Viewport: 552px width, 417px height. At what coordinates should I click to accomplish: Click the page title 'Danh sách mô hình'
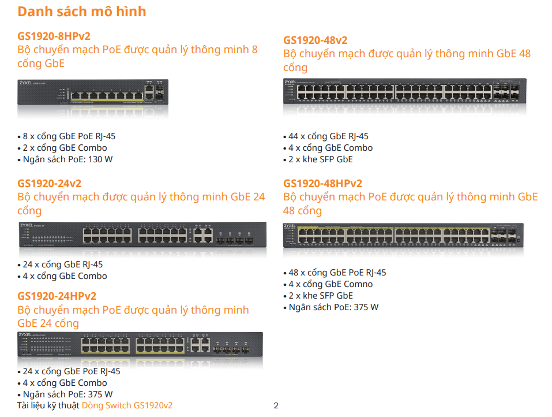click(x=82, y=12)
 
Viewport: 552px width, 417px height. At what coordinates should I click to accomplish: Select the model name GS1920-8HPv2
click(x=54, y=36)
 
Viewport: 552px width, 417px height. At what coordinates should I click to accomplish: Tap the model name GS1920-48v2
click(x=315, y=40)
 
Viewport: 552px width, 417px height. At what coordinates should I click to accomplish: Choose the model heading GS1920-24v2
click(x=49, y=183)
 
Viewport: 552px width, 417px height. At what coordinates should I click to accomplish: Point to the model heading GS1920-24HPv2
click(x=57, y=296)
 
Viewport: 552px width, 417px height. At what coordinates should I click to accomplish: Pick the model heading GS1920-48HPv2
click(x=322, y=183)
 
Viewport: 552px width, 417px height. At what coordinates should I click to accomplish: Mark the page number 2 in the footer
click(x=276, y=405)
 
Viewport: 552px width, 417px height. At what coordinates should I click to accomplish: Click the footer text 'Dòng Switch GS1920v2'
click(x=127, y=405)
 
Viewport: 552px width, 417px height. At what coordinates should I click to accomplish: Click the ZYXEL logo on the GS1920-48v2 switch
click(x=291, y=82)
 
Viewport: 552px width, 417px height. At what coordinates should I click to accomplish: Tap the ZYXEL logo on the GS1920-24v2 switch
click(x=27, y=225)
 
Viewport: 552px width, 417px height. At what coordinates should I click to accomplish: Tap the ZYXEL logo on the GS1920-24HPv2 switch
click(x=25, y=334)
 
